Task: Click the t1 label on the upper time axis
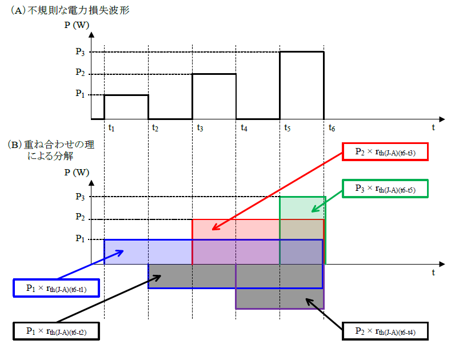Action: point(111,127)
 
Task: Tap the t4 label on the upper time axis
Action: point(244,127)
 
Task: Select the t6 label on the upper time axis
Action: point(332,127)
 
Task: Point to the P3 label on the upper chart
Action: point(80,51)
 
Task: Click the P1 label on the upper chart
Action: point(80,93)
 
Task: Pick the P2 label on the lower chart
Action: point(80,217)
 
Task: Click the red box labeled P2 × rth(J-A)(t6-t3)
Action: point(385,151)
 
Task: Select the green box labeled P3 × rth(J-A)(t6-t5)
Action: point(385,189)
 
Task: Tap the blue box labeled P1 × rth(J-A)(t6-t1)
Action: point(56,288)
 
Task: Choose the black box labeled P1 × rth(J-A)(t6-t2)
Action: point(56,331)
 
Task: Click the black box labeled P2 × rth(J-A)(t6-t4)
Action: point(385,331)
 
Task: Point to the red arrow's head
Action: point(213,230)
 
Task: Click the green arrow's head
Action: point(312,211)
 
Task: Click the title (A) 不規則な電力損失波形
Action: point(70,10)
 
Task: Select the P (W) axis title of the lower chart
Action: point(77,173)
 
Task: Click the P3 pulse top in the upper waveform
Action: point(302,52)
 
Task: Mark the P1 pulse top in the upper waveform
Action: point(126,95)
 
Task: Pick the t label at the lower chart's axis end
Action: point(433,273)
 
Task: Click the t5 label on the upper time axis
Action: point(288,127)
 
